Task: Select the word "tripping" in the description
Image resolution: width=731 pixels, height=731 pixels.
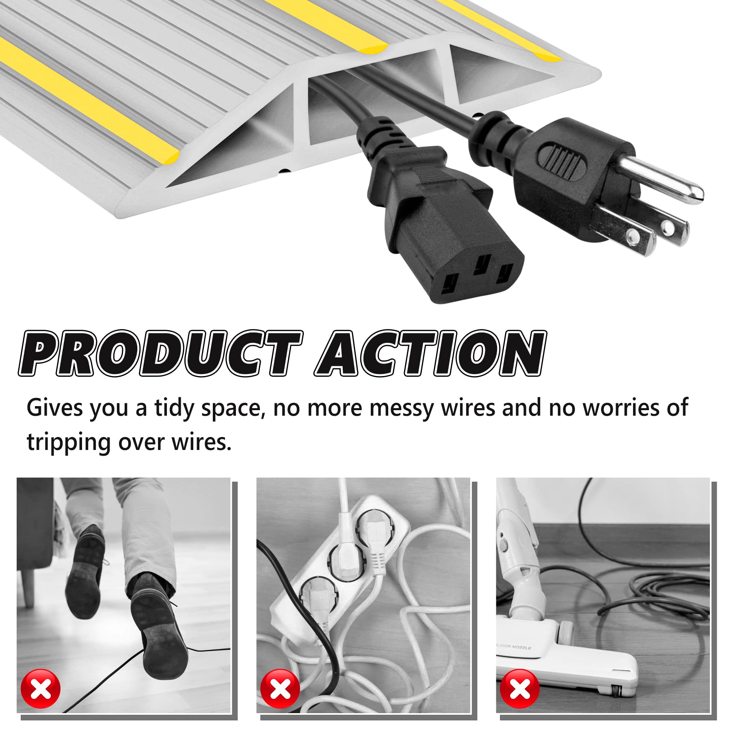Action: point(68,442)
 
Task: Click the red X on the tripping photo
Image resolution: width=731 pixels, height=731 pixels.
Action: point(41,689)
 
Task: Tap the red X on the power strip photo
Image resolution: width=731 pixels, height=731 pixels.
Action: point(280,689)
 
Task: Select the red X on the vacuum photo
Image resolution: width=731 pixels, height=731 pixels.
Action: point(519,689)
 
